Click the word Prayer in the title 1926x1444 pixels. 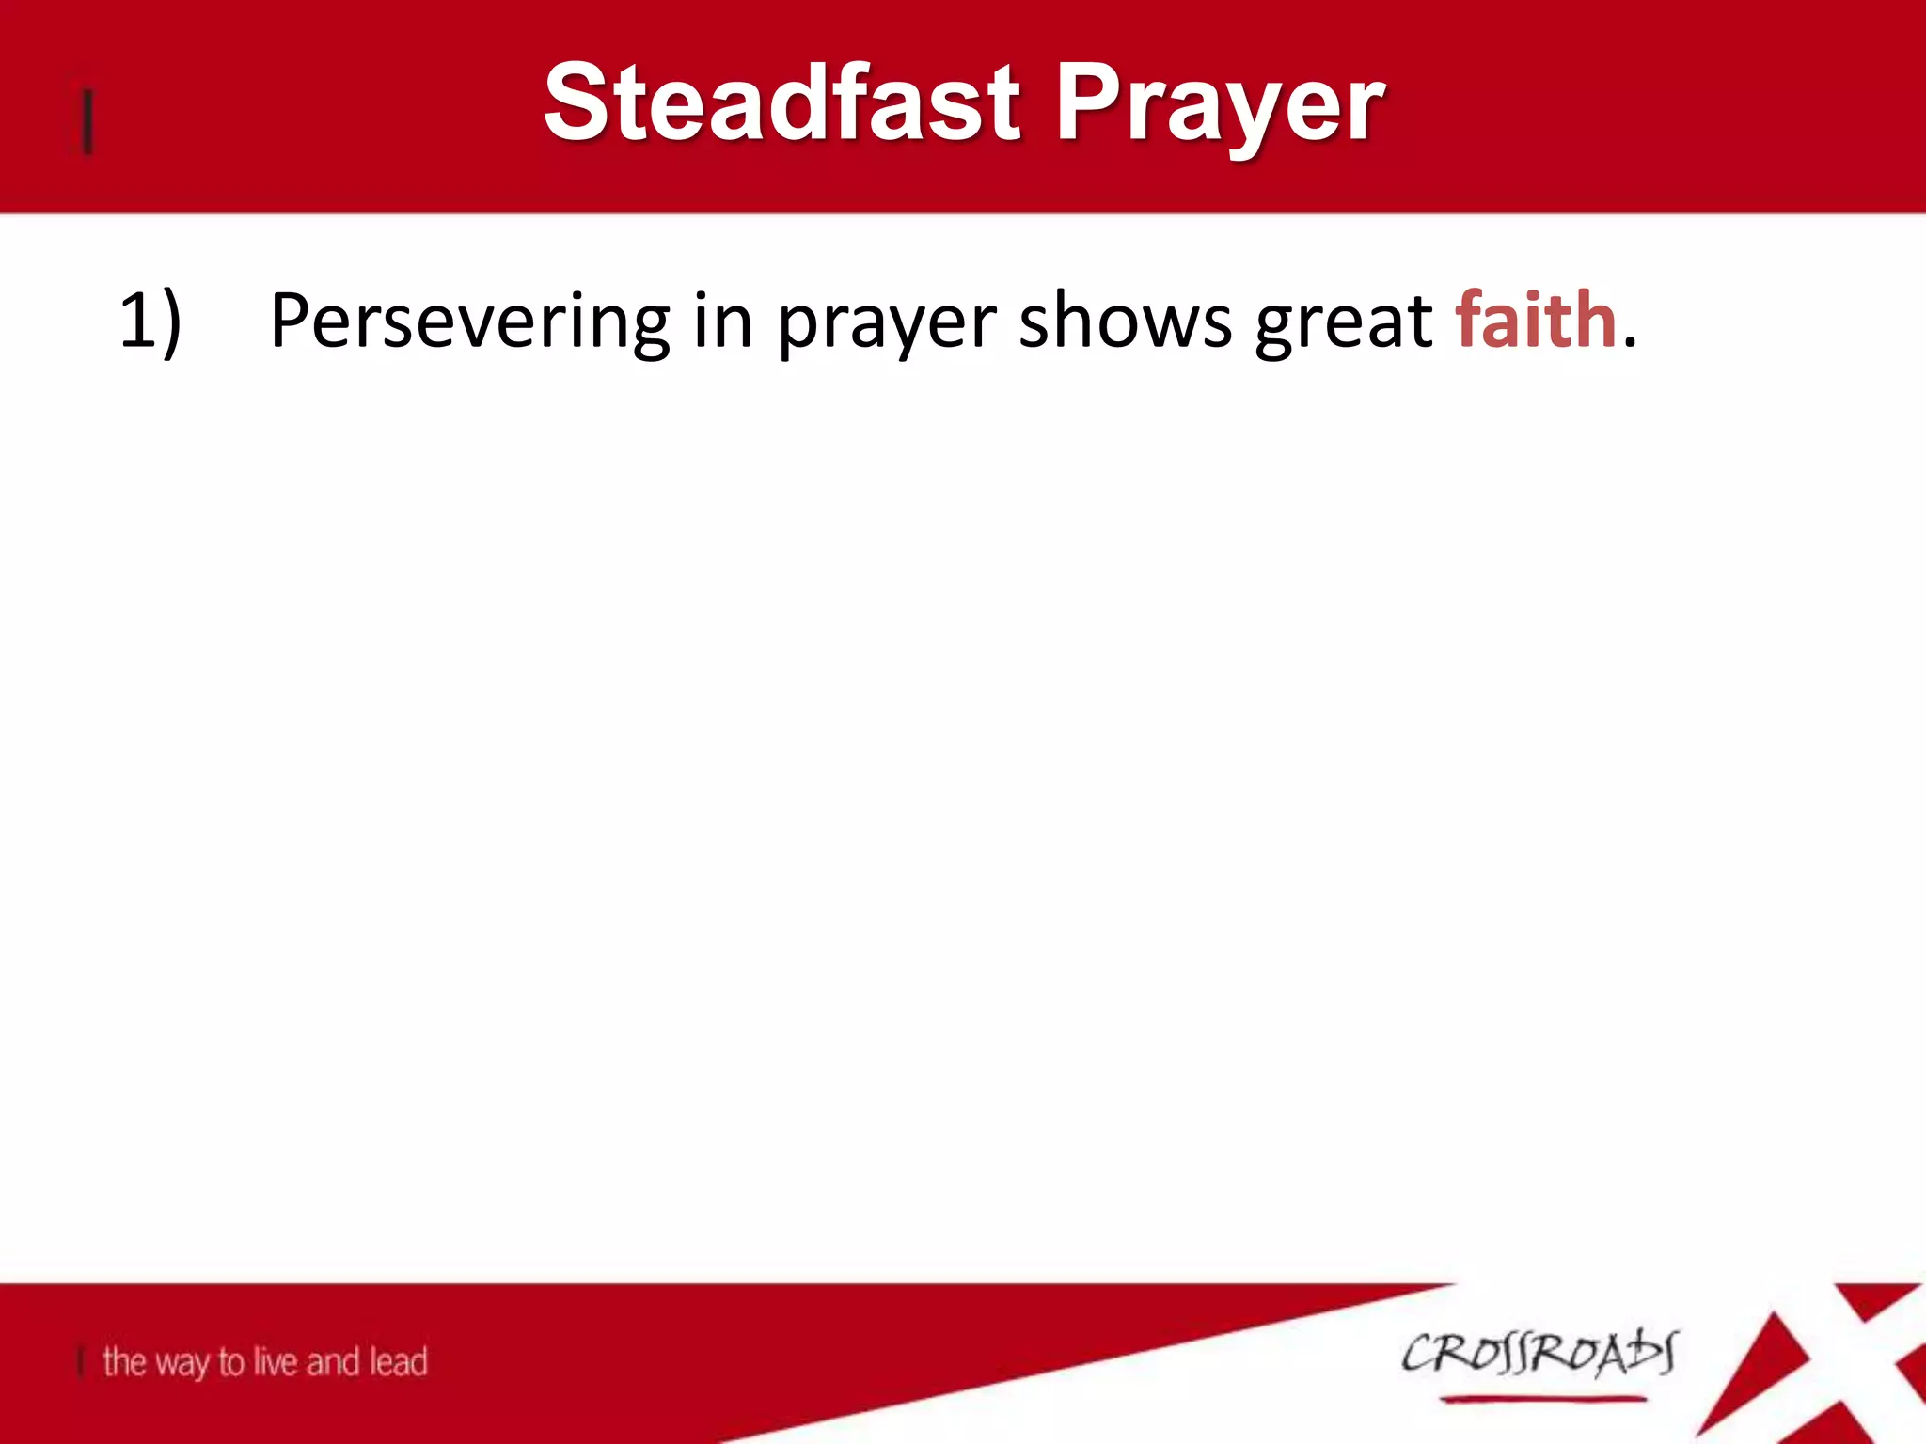click(x=1219, y=105)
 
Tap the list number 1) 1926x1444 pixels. click(x=150, y=322)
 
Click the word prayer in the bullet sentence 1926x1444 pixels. click(x=886, y=325)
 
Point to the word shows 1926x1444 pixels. click(x=1125, y=322)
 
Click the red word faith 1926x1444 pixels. click(x=1536, y=320)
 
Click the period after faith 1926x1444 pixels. click(x=1630, y=344)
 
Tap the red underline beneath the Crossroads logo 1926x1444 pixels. click(x=1542, y=1400)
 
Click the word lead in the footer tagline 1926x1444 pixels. click(x=398, y=1360)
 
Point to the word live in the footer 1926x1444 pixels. click(x=276, y=1360)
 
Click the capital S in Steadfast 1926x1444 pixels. click(x=577, y=102)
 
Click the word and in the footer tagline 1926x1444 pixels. click(x=333, y=1360)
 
